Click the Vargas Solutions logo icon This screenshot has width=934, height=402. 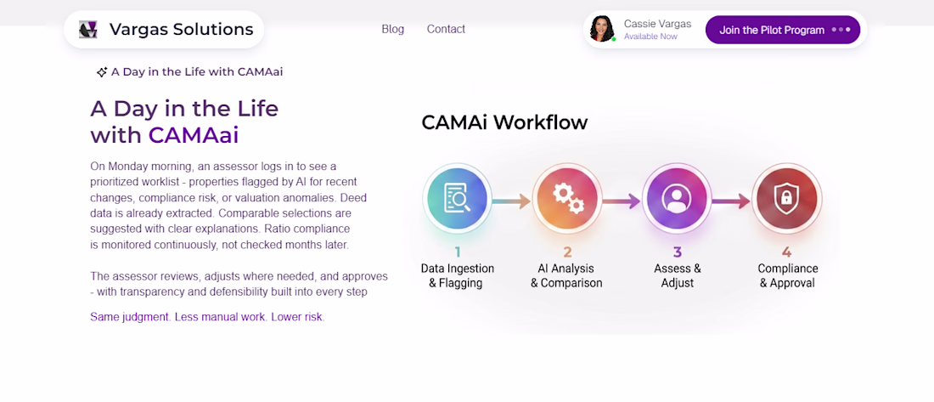pos(88,29)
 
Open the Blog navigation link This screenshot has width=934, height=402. pos(392,29)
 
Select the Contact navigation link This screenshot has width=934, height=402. pos(446,29)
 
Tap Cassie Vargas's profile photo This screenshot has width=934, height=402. pos(602,29)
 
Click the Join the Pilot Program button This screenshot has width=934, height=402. pos(783,30)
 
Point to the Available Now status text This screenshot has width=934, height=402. pos(650,37)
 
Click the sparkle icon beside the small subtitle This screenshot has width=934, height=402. pos(102,72)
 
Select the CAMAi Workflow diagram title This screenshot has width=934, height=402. pos(504,122)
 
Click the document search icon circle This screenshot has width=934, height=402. pos(458,199)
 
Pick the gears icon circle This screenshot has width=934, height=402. pos(568,199)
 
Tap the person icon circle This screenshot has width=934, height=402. pos(678,199)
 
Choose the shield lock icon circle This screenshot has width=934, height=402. pos(787,199)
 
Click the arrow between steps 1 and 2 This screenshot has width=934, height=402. pos(512,201)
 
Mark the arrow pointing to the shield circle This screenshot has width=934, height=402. pos(731,201)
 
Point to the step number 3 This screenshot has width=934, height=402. pos(678,252)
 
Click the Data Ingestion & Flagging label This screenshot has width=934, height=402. pos(458,275)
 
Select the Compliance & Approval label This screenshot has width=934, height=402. pos(787,275)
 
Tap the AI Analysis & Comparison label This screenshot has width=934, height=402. pos(567,275)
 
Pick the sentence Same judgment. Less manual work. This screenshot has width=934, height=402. pos(178,317)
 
